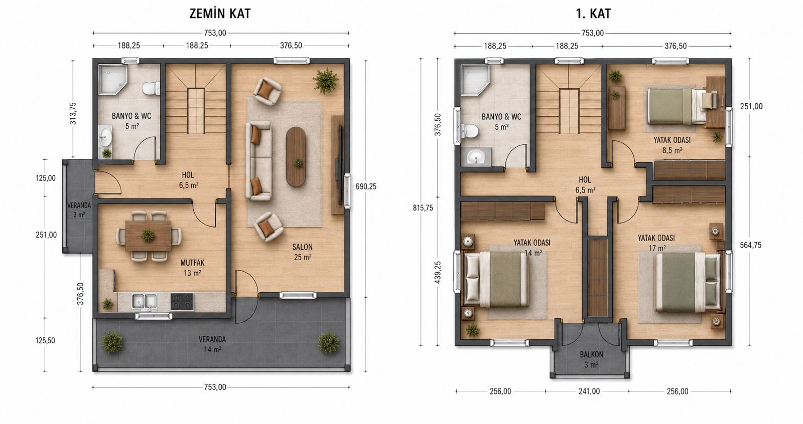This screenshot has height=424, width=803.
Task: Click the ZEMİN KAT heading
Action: pyautogui.click(x=220, y=14)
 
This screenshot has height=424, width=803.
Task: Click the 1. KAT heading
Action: pyautogui.click(x=593, y=14)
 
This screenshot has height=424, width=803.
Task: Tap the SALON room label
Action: pyautogui.click(x=302, y=247)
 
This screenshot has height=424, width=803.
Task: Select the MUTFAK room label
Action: pyautogui.click(x=193, y=263)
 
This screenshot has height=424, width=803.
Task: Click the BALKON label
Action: pyautogui.click(x=592, y=354)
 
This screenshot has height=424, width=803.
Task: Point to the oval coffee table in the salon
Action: pyautogui.click(x=296, y=156)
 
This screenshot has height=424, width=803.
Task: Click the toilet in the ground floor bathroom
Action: pyautogui.click(x=151, y=88)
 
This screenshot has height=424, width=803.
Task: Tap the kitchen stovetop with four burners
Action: pyautogui.click(x=182, y=301)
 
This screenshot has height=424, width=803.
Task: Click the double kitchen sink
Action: pyautogui.click(x=145, y=302)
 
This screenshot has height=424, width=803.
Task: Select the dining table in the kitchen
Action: pyautogui.click(x=148, y=235)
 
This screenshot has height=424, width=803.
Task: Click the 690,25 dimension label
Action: pyautogui.click(x=366, y=186)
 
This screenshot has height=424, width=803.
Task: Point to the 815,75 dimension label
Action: pyautogui.click(x=423, y=207)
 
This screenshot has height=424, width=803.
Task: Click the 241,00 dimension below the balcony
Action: pyautogui.click(x=589, y=391)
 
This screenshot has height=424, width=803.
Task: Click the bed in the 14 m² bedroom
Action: pyautogui.click(x=496, y=279)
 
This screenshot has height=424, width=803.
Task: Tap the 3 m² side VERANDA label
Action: pyautogui.click(x=79, y=210)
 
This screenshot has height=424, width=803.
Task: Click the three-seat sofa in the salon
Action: pyautogui.click(x=258, y=160)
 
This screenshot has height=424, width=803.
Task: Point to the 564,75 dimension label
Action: pyautogui.click(x=751, y=245)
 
